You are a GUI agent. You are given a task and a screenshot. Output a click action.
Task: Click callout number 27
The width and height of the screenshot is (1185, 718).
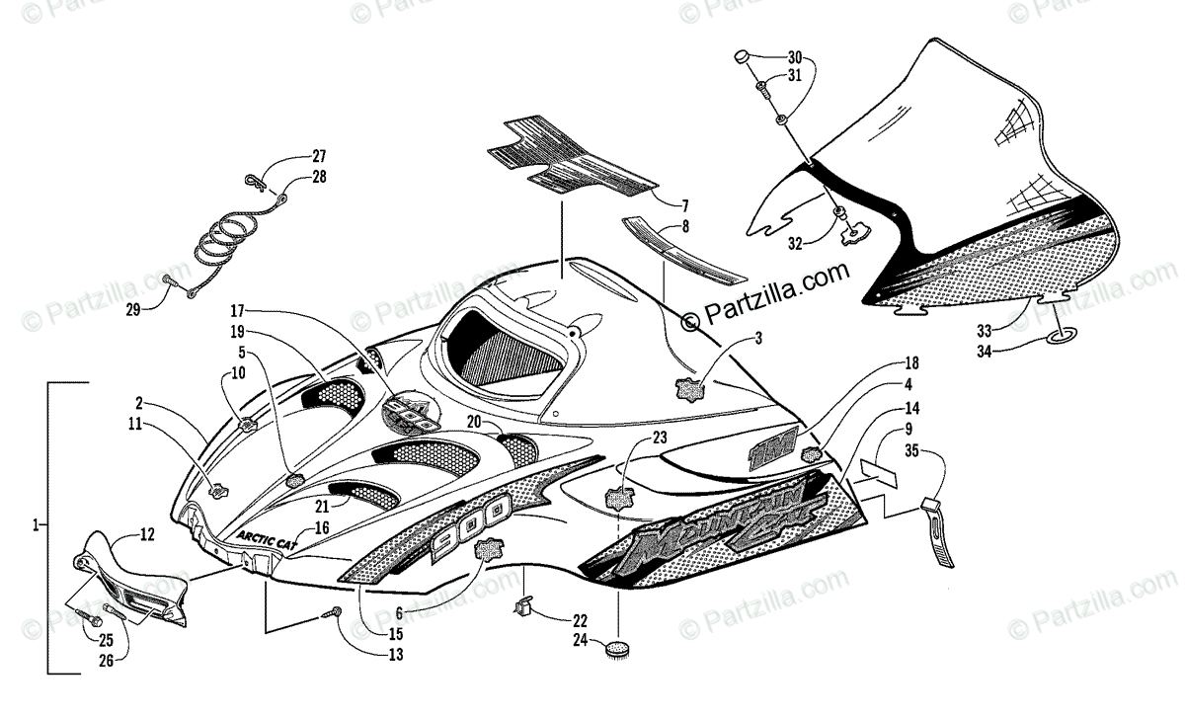(319, 156)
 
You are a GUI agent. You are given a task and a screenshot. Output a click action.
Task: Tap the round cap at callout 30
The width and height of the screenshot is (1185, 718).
(742, 59)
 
